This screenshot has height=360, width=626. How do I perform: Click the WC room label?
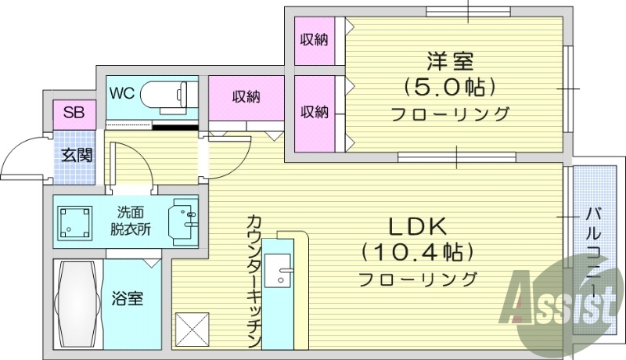[x=122, y=93]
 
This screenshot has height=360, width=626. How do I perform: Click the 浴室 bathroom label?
[x=126, y=298]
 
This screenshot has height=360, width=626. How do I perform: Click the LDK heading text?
[x=418, y=228]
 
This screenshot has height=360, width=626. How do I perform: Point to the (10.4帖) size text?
[x=418, y=252]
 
